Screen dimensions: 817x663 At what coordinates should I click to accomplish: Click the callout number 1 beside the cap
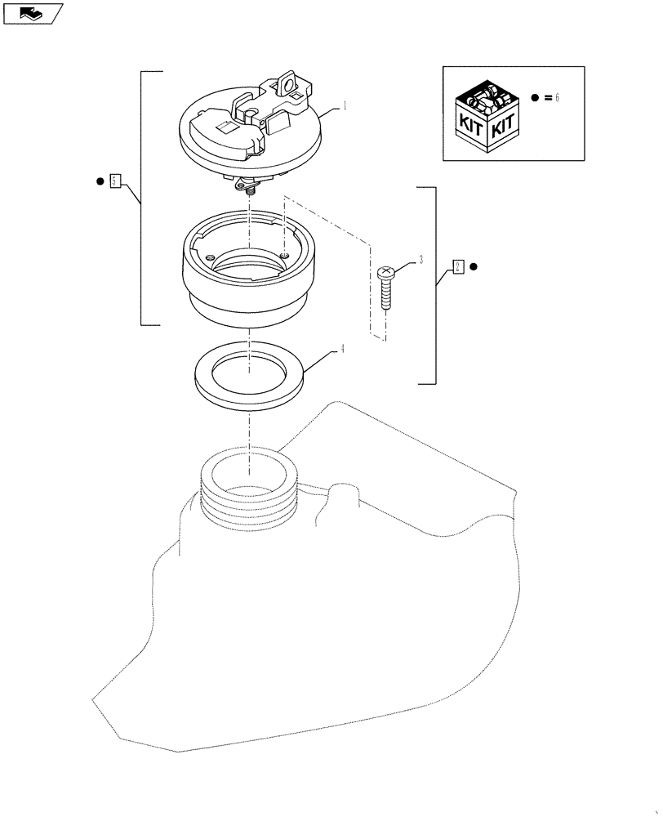click(345, 106)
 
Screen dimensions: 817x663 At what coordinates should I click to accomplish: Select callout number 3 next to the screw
click(420, 261)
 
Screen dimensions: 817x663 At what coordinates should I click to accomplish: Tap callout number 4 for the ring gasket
click(343, 349)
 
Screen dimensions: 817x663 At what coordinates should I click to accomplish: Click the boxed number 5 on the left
click(115, 181)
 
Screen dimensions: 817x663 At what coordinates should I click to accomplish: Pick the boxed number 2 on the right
click(458, 266)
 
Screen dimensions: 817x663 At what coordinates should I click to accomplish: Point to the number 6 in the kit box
click(558, 97)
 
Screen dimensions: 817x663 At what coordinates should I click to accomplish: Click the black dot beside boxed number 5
click(99, 181)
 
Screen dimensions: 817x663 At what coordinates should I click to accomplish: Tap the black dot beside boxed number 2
click(474, 266)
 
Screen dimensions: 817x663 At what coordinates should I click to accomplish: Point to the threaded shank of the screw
click(386, 296)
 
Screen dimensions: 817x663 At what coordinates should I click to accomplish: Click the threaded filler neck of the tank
click(247, 498)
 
